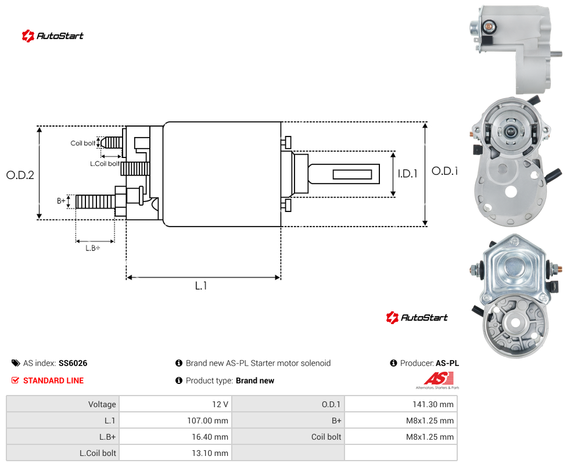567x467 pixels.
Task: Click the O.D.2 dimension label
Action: pyautogui.click(x=20, y=175)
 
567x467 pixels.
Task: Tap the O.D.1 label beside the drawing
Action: pyautogui.click(x=445, y=171)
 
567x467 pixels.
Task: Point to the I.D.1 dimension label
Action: pyautogui.click(x=408, y=174)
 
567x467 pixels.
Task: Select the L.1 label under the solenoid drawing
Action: pyautogui.click(x=200, y=286)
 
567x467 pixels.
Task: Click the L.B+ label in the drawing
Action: pyautogui.click(x=92, y=248)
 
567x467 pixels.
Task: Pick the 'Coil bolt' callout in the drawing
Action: pyautogui.click(x=83, y=143)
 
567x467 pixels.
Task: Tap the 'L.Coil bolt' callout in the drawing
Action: pyautogui.click(x=105, y=164)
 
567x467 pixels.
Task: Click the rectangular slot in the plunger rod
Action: pyautogui.click(x=352, y=175)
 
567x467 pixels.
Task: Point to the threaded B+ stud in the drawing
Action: pyautogui.click(x=95, y=202)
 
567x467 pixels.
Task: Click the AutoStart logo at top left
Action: pyautogui.click(x=53, y=36)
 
